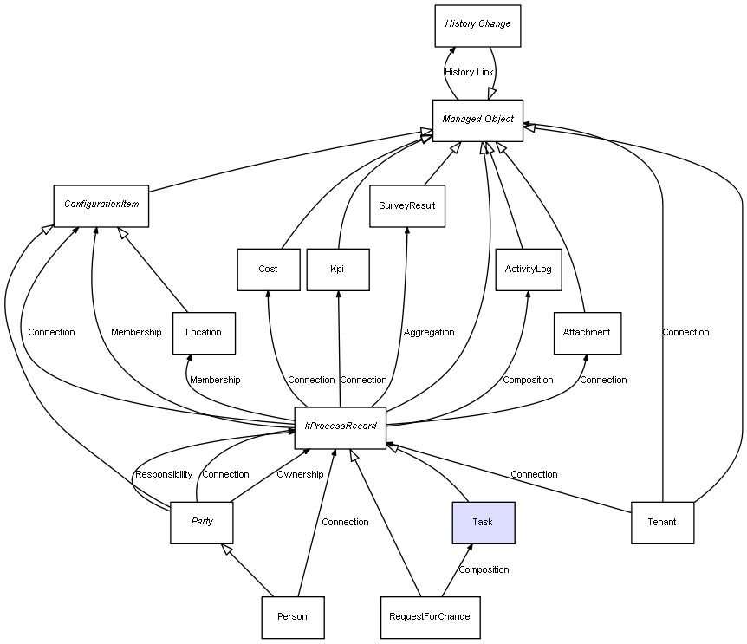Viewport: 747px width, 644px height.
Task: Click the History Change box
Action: (x=477, y=24)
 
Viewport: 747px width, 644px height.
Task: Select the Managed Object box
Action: (x=477, y=120)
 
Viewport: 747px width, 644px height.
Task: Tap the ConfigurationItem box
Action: (x=101, y=205)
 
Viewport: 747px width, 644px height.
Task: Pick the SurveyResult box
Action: (x=407, y=206)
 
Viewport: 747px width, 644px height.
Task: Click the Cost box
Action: (x=269, y=270)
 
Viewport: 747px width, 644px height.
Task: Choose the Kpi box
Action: (x=337, y=270)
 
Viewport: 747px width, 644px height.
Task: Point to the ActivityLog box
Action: (x=528, y=270)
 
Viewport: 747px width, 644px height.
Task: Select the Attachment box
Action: (x=587, y=333)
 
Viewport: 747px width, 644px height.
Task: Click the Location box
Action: (x=204, y=333)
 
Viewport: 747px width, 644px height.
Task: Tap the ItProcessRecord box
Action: (x=340, y=427)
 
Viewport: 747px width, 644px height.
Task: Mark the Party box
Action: (x=202, y=522)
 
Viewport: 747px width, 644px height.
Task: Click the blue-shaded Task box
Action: (x=483, y=522)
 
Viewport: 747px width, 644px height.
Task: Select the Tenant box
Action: (x=662, y=522)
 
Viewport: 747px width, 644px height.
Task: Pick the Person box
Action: (x=293, y=617)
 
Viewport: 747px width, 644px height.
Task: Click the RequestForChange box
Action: (x=430, y=617)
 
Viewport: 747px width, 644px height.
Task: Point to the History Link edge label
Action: (x=469, y=72)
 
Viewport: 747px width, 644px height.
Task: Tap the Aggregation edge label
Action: (x=429, y=333)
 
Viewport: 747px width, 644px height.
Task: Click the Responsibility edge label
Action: (x=164, y=475)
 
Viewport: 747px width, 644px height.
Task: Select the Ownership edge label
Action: (x=300, y=475)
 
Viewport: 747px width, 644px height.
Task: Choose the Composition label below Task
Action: (x=484, y=570)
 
